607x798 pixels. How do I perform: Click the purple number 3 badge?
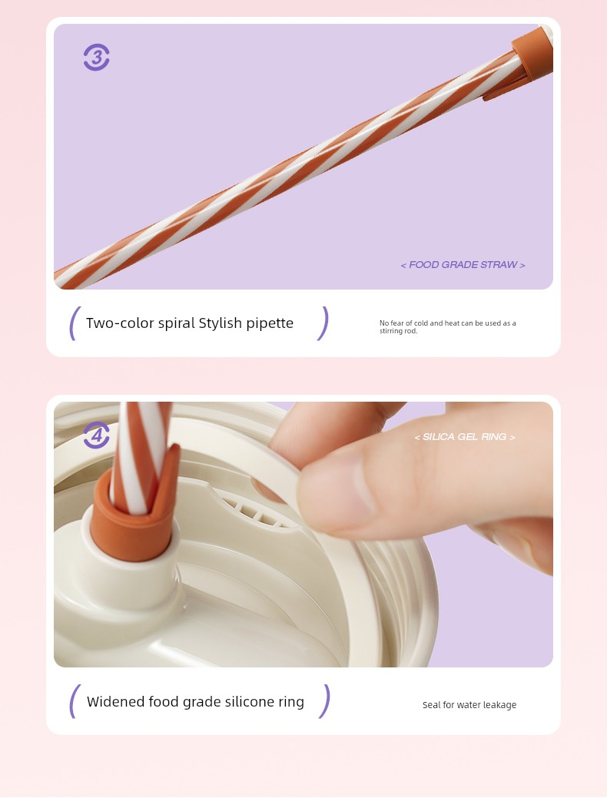(96, 57)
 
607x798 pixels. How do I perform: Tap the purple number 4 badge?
(96, 435)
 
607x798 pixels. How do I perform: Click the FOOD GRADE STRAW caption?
(463, 265)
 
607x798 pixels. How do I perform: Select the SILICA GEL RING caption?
(464, 437)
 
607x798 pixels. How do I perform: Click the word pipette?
(270, 323)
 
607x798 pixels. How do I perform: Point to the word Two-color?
(120, 323)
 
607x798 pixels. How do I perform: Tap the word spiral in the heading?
(177, 323)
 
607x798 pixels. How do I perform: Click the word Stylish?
(220, 323)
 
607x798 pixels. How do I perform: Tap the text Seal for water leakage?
(469, 705)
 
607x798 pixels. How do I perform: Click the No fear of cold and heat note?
(448, 326)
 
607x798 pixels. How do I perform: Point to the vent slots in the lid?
(252, 511)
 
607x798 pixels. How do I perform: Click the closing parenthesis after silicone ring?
(324, 701)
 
